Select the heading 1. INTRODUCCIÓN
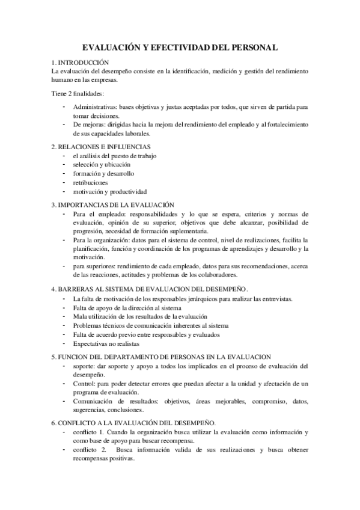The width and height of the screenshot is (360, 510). point(80,62)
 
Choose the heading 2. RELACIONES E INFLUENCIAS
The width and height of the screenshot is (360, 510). point(100,146)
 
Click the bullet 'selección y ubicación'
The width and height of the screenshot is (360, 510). point(100,164)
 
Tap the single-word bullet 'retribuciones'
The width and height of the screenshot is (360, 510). point(90,182)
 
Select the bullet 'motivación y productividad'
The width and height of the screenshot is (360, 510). point(109,191)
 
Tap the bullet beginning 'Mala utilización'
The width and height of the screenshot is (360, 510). point(139,316)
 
